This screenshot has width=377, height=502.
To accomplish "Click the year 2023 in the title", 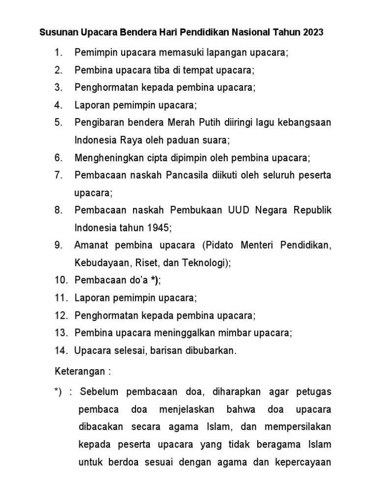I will (x=312, y=33).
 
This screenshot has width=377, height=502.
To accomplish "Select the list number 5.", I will (x=59, y=122).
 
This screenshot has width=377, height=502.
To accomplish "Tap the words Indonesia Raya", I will (x=103, y=140).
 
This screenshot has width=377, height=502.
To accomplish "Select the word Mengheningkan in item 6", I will (x=104, y=157).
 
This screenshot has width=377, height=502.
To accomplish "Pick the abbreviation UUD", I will (x=239, y=210).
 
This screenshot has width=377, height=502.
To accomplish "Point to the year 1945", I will (x=158, y=228).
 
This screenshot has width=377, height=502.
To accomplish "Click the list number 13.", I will (x=61, y=333).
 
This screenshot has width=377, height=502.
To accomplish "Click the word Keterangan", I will (x=80, y=371).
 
